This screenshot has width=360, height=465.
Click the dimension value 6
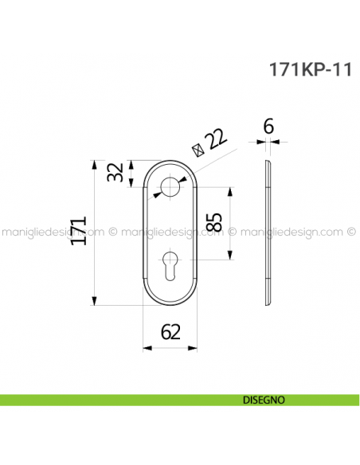point(268,127)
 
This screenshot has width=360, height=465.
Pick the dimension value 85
point(213,224)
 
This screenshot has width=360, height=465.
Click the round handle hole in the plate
point(170,188)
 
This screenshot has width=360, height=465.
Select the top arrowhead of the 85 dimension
point(230,192)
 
